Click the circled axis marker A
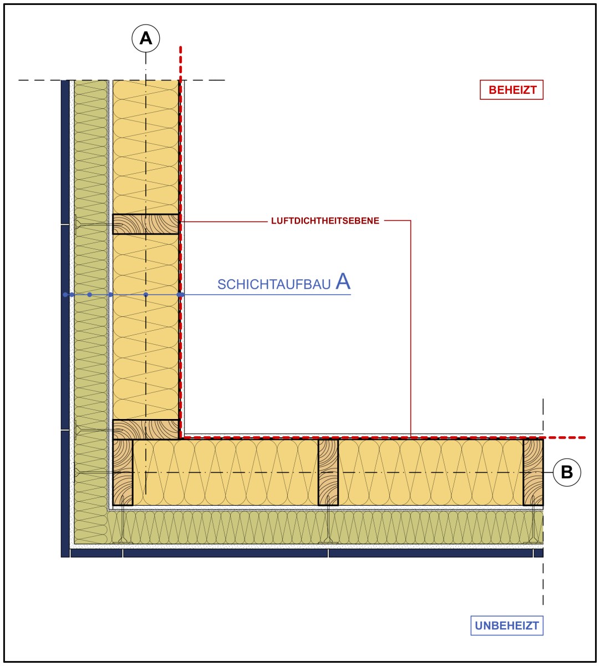tap(146, 38)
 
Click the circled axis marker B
tap(567, 472)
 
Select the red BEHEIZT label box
tap(511, 89)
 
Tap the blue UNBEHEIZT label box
tap(507, 625)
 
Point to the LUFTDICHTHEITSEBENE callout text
tap(325, 221)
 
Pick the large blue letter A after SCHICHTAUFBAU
tap(343, 282)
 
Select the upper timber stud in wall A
tap(146, 224)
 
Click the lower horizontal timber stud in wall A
tap(146, 430)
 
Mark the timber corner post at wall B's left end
tap(123, 472)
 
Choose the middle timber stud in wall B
tap(328, 472)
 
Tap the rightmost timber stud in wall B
tap(533, 472)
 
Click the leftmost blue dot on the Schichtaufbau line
tap(65, 295)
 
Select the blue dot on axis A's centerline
tap(146, 295)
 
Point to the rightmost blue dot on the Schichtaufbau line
tap(180, 295)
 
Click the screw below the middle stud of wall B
tap(328, 525)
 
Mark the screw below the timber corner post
tap(123, 525)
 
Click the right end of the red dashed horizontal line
tap(584, 437)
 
